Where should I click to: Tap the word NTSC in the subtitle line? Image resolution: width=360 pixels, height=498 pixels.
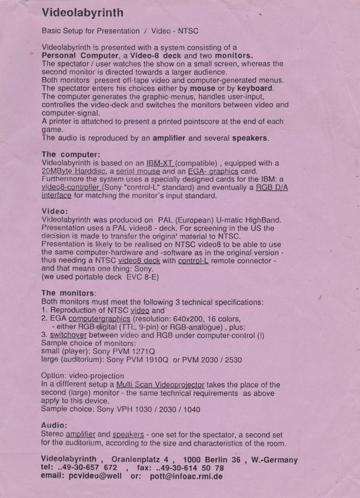tap(191, 31)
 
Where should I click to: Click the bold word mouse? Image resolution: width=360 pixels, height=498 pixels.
tap(202, 88)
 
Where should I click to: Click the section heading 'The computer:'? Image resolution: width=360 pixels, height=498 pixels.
tap(71, 154)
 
